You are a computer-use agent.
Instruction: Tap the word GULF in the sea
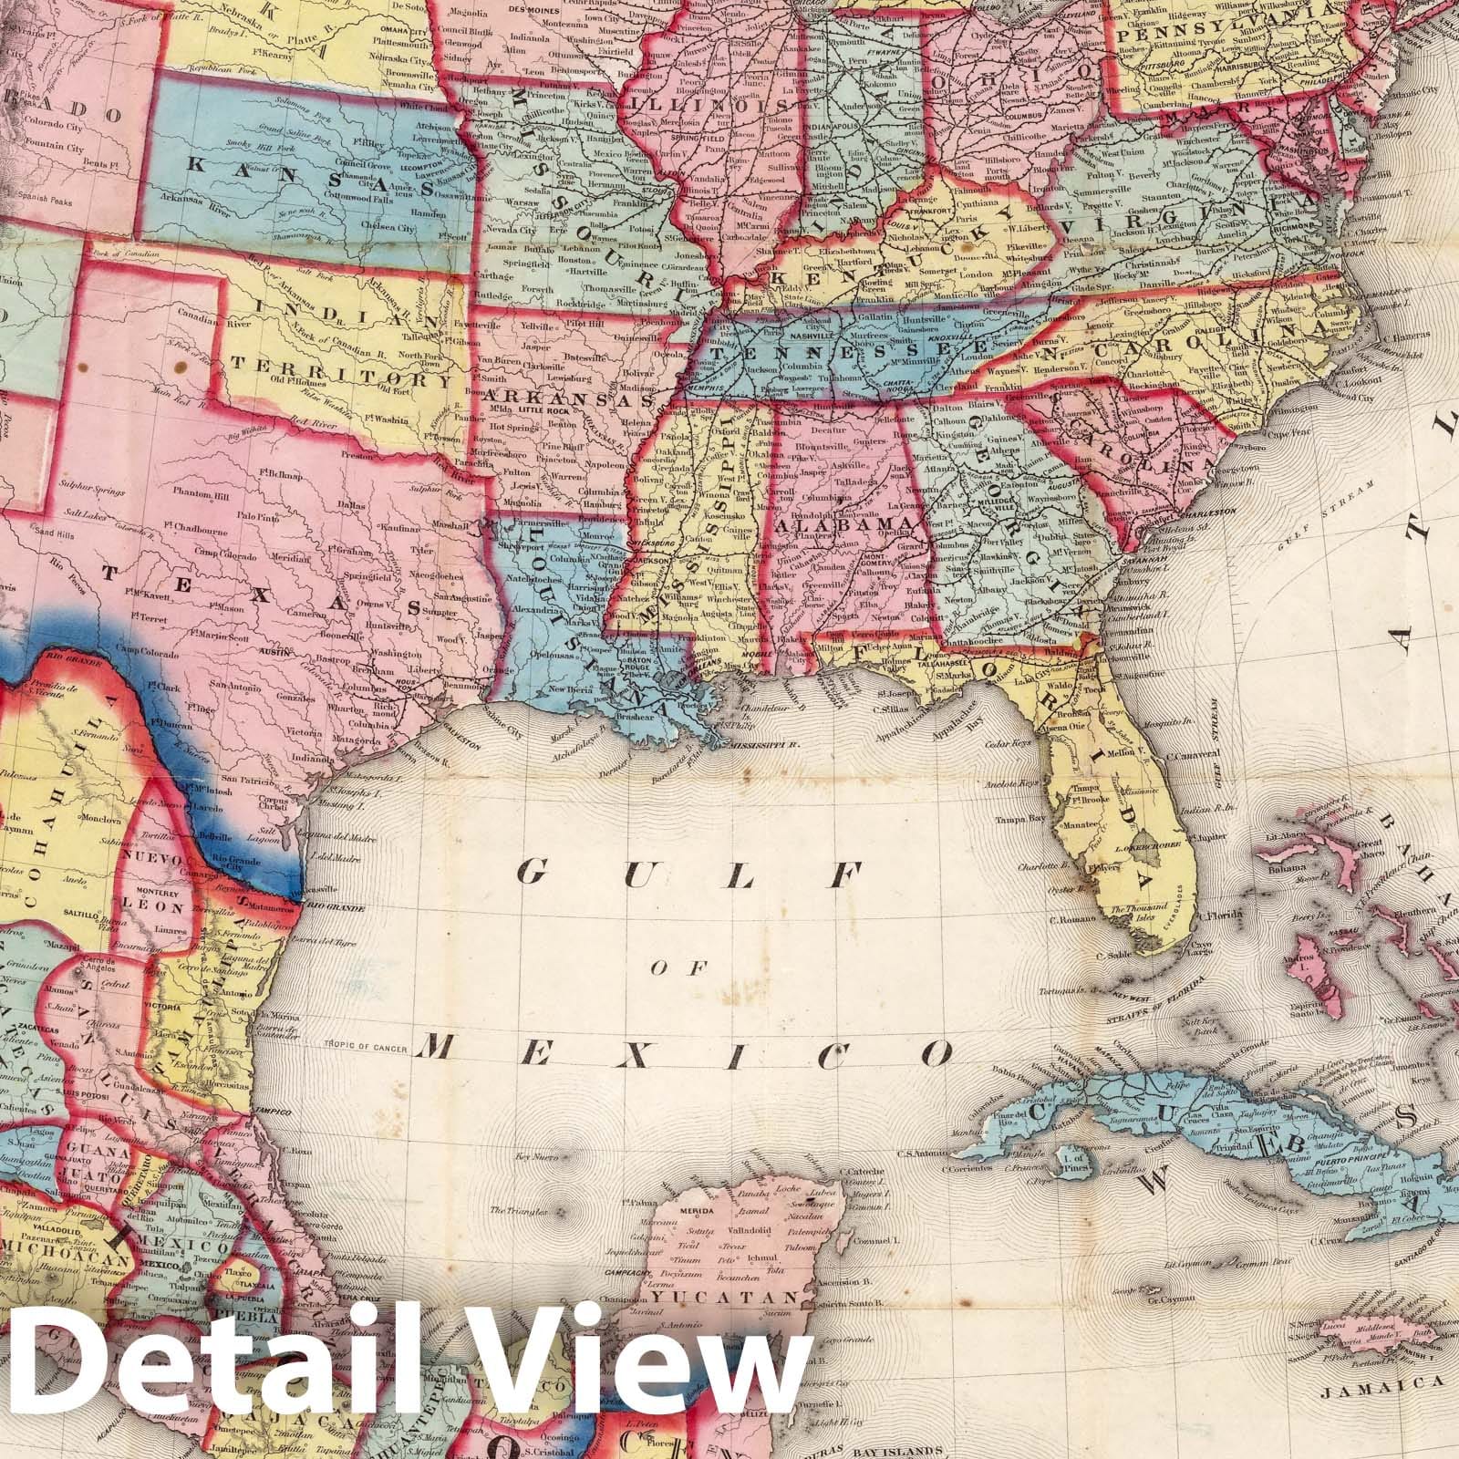[x=688, y=875]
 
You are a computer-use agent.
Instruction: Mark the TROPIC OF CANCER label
[x=362, y=1045]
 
